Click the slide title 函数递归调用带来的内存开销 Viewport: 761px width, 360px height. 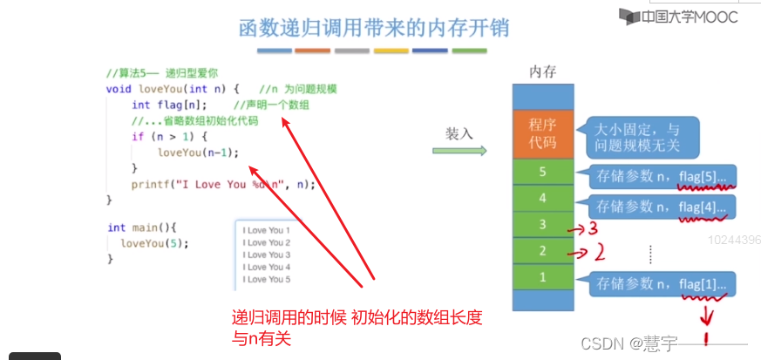(x=374, y=28)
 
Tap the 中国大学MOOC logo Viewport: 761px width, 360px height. (x=678, y=16)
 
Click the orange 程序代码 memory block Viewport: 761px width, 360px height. (x=542, y=132)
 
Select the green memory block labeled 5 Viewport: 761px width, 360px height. (x=542, y=172)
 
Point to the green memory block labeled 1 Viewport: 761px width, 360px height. (x=542, y=277)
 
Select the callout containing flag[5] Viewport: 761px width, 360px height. (x=662, y=178)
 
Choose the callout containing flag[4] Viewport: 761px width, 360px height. (x=662, y=207)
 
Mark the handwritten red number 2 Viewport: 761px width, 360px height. (x=600, y=253)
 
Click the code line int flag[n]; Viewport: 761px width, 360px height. (x=169, y=105)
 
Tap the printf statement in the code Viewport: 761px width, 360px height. (x=223, y=184)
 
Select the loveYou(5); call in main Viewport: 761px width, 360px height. (x=154, y=243)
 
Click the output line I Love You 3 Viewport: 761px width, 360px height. (x=266, y=255)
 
